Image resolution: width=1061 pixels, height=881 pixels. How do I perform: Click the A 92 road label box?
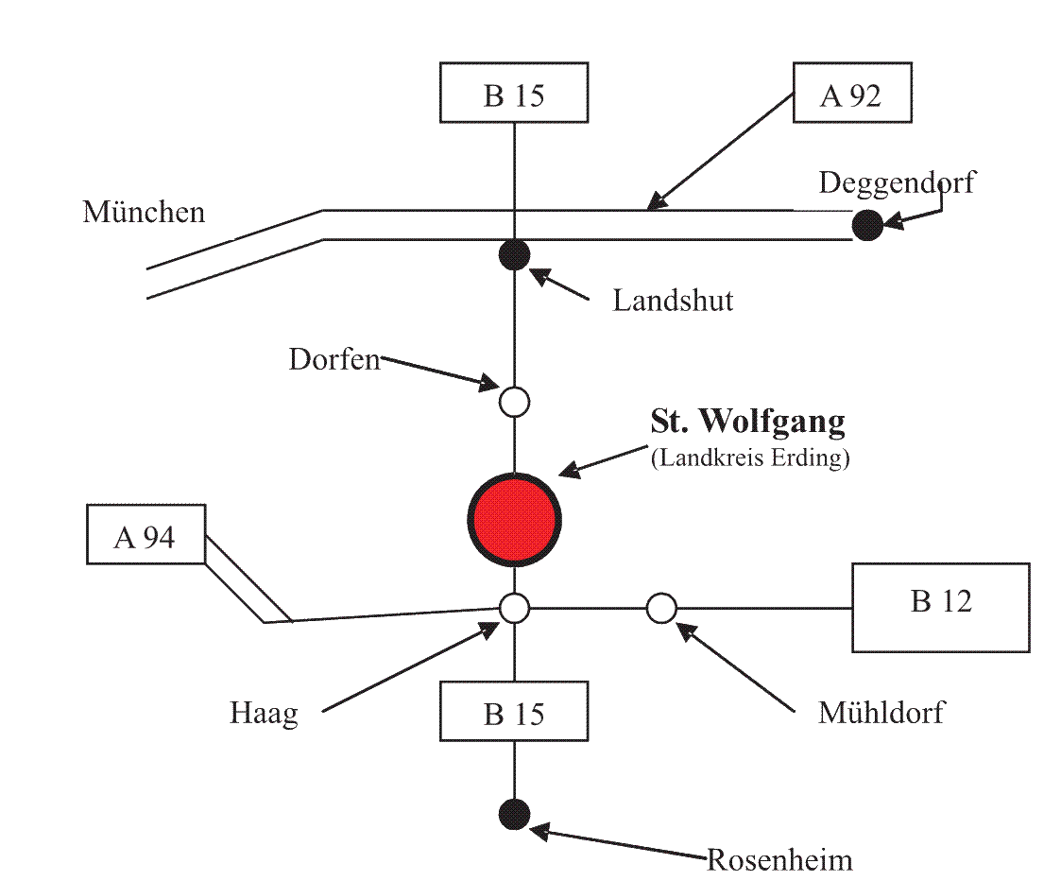click(851, 94)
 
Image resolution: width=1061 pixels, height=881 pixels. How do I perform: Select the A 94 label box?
click(145, 538)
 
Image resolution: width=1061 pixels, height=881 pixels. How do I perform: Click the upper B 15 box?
click(514, 94)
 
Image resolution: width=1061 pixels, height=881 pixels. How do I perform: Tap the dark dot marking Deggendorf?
click(866, 226)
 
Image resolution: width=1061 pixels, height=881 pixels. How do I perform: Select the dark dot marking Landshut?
click(514, 253)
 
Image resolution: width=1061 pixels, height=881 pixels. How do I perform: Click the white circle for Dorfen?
click(514, 402)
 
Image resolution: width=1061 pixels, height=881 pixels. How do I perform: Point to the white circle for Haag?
click(514, 608)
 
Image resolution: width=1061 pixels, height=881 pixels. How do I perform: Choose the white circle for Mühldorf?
click(661, 608)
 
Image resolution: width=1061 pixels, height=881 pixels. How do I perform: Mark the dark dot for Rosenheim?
click(514, 814)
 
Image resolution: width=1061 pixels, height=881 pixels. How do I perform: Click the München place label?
click(144, 211)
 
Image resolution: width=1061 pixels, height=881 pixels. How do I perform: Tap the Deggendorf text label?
click(896, 181)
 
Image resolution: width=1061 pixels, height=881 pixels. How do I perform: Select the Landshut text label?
click(673, 302)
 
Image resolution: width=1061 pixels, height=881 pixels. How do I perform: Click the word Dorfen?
click(334, 360)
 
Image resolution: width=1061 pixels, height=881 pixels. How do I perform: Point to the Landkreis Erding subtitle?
click(751, 459)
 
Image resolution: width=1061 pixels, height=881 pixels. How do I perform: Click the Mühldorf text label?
click(881, 713)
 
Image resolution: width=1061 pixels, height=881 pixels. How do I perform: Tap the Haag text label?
click(264, 713)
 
